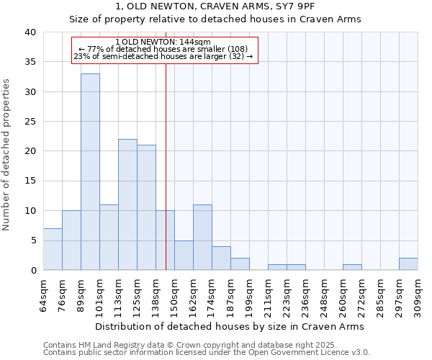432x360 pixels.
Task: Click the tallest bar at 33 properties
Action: point(90,172)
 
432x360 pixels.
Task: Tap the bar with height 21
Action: point(146,207)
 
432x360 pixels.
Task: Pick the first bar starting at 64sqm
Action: point(53,249)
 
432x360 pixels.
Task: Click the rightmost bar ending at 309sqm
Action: point(408,264)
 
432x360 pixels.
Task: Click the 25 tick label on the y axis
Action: point(30,122)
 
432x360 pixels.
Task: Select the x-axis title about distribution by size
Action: point(230,326)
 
